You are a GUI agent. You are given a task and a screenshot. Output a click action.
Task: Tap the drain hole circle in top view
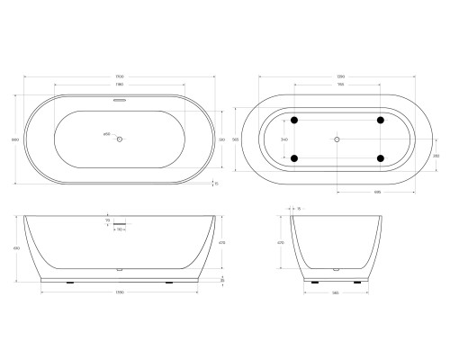[x=121, y=139]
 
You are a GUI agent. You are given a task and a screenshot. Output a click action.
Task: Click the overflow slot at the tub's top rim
[x=120, y=94]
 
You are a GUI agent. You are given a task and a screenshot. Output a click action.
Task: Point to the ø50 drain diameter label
[x=107, y=136]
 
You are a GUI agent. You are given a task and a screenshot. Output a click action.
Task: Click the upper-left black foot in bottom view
[x=293, y=120]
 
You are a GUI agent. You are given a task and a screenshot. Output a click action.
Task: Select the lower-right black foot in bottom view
[x=380, y=159]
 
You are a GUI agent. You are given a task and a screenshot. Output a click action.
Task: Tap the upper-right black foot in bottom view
[x=380, y=120]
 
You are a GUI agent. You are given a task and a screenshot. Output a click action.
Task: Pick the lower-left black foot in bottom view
[x=293, y=159]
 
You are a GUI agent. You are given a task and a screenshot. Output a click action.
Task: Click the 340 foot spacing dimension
[x=285, y=139]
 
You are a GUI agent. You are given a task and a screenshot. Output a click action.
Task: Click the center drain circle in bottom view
[x=337, y=139]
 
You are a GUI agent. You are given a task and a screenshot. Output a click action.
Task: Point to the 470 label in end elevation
[x=282, y=241]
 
